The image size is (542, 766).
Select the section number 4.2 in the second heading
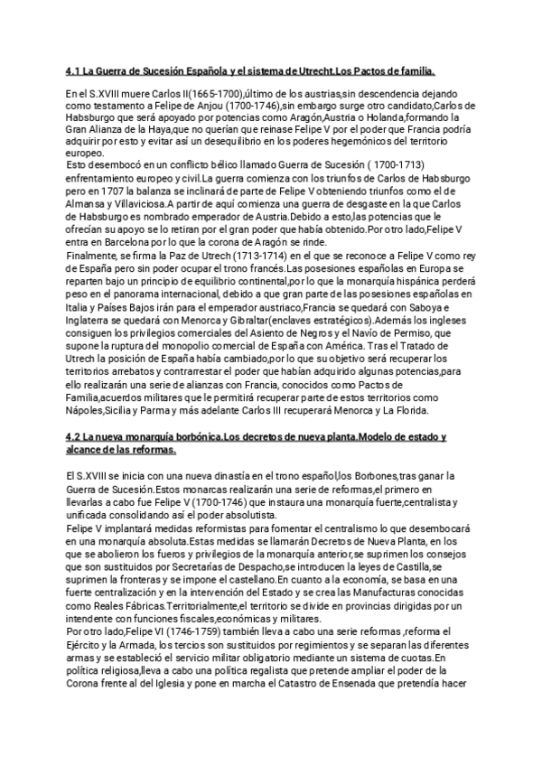tap(76, 436)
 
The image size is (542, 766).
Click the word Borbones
tap(369, 476)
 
